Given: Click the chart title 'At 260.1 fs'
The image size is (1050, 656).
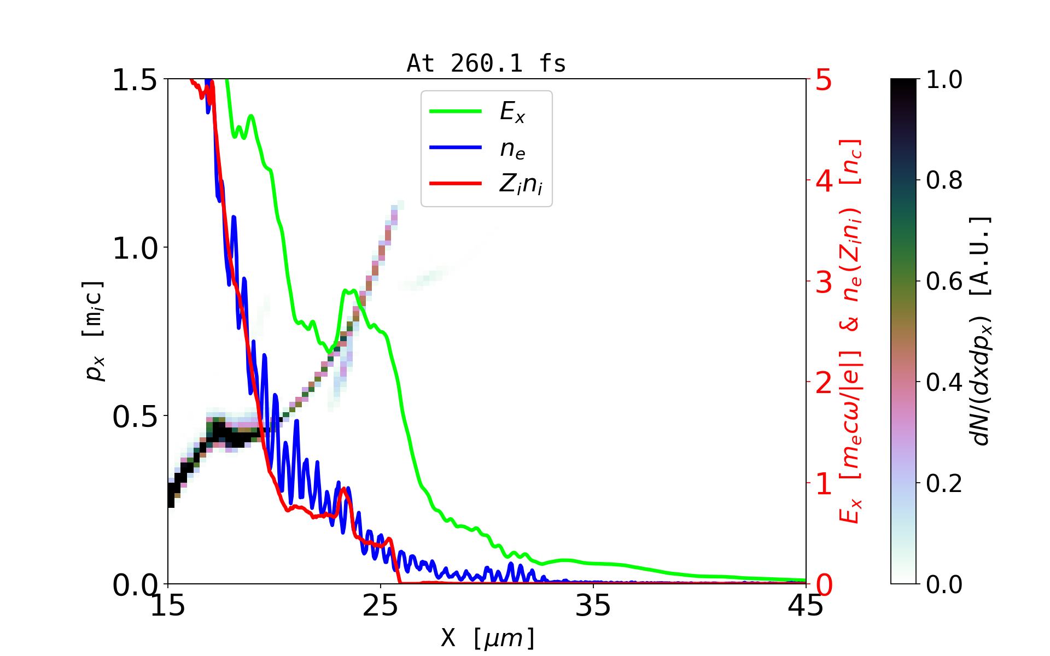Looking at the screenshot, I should tap(486, 64).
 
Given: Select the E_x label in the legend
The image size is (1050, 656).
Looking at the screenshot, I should tap(512, 112).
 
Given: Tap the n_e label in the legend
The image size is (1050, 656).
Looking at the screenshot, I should tap(512, 149).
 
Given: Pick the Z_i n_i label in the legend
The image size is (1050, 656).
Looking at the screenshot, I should tap(521, 184).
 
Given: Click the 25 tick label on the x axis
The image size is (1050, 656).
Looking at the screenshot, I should tap(381, 606).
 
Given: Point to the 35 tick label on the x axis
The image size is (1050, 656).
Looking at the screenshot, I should tap(593, 606).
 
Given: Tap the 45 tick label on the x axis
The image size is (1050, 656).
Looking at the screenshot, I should tap(806, 606).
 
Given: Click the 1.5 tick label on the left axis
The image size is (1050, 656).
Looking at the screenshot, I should tap(135, 80).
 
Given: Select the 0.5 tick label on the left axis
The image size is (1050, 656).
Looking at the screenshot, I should tap(135, 417).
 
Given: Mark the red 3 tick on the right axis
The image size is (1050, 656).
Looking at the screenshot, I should tap(824, 282).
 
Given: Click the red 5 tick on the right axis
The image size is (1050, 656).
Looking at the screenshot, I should tap(824, 80).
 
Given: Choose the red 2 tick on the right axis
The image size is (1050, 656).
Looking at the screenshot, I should tap(824, 383).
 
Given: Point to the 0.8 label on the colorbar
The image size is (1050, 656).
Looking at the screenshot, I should tap(944, 180).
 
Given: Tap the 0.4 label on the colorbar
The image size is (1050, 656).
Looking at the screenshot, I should tap(944, 383).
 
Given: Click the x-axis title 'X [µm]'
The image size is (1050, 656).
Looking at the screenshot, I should tap(488, 637).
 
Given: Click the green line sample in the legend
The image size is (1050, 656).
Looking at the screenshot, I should tap(456, 112).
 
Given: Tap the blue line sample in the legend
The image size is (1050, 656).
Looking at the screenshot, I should tap(456, 148).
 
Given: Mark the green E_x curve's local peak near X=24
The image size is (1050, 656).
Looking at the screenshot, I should tap(349, 291).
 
